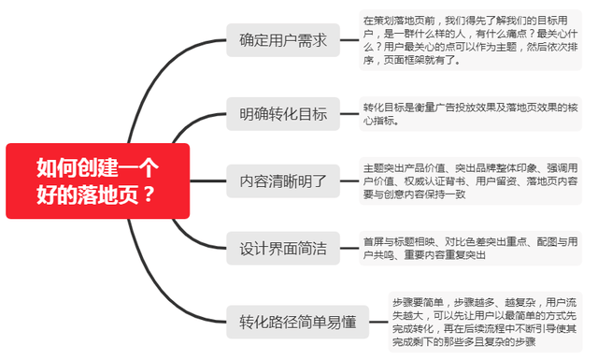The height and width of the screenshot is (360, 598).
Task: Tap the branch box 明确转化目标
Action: (283, 114)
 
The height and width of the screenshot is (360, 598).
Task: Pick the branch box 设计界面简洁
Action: (283, 249)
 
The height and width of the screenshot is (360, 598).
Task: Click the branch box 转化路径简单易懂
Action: (298, 322)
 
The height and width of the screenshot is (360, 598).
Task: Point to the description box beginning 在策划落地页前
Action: (469, 40)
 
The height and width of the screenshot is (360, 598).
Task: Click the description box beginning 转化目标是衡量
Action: (469, 113)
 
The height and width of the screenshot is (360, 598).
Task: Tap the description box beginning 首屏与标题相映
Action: (469, 248)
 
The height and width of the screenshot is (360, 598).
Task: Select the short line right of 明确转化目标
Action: (349, 114)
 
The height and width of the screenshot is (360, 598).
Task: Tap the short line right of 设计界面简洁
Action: (349, 249)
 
